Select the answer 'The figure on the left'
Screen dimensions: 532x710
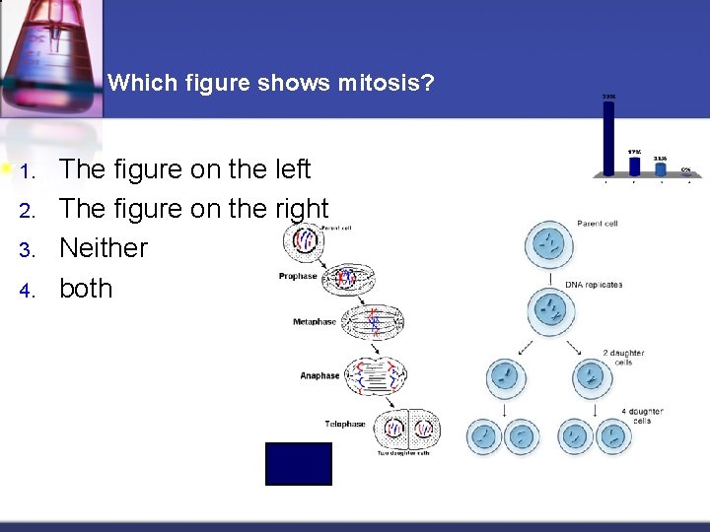tap(184, 169)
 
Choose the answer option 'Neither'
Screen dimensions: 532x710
tap(104, 248)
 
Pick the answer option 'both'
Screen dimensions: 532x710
tap(86, 289)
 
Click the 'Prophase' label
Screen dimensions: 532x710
tap(298, 276)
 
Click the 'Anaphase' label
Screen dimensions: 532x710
tap(319, 375)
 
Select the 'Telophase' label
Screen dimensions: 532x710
tap(345, 424)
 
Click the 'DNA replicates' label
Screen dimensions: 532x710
tap(594, 285)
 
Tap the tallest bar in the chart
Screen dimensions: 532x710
tap(608, 138)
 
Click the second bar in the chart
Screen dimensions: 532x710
tap(636, 166)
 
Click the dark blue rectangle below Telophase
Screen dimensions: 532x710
tap(299, 464)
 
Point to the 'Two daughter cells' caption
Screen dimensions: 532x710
tap(404, 452)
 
